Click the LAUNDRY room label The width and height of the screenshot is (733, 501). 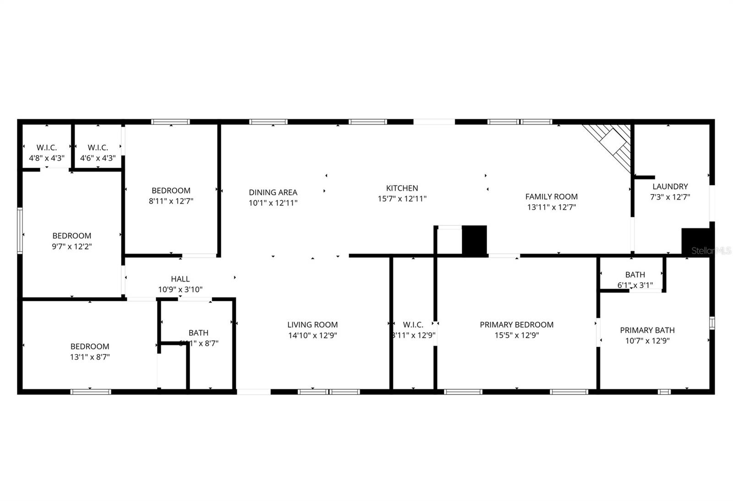[x=670, y=186]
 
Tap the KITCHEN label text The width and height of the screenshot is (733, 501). [x=402, y=188]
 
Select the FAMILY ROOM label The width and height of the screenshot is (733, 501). [x=551, y=196]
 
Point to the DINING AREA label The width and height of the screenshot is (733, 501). [x=273, y=192]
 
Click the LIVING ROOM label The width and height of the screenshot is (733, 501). [x=312, y=325]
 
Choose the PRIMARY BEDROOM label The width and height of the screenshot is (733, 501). [x=516, y=325]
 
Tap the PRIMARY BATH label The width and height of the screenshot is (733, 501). [x=647, y=330]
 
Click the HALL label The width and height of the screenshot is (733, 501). [x=180, y=279]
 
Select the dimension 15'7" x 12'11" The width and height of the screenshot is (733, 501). [x=402, y=199]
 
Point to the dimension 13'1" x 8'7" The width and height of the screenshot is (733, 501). [x=90, y=357]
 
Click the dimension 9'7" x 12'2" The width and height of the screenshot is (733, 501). [x=71, y=246]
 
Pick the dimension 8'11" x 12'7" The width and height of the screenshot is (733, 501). [x=171, y=201]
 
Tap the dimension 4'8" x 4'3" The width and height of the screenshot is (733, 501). [x=47, y=158]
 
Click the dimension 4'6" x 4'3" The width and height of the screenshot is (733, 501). [x=98, y=158]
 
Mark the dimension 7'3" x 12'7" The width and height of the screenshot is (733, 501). [x=670, y=197]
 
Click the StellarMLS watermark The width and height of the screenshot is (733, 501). [x=711, y=250]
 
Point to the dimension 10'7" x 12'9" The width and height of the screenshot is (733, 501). [x=647, y=341]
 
